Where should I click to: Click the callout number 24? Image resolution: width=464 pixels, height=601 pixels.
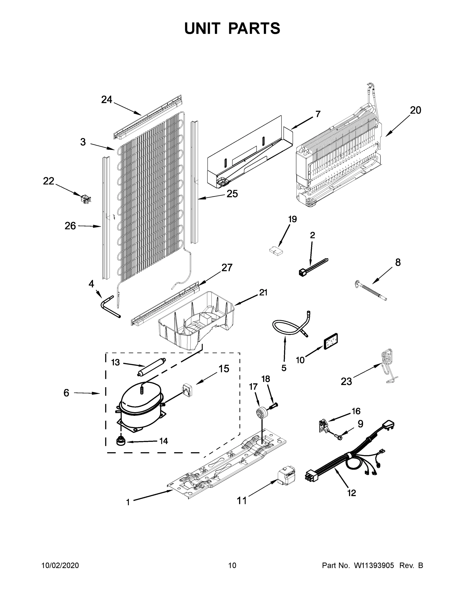click(107, 100)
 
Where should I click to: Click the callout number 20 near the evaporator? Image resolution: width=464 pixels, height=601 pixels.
click(415, 110)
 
